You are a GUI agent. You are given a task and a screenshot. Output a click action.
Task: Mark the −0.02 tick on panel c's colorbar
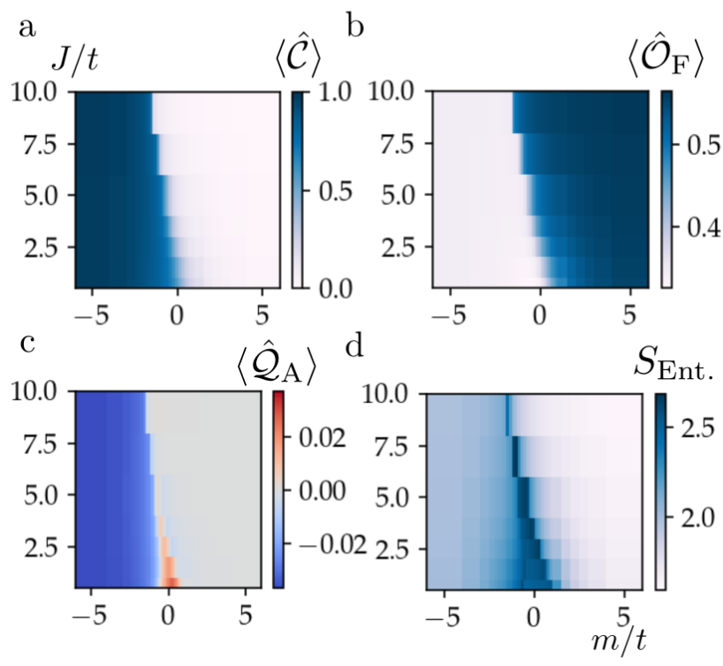[x=325, y=542]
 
